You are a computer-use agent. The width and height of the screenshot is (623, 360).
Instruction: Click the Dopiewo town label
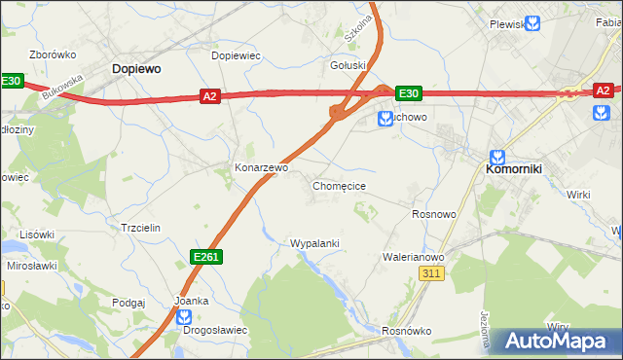136,69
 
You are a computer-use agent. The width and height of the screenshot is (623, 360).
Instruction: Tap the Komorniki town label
514,168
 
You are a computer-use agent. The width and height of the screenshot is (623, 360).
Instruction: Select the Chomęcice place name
339,185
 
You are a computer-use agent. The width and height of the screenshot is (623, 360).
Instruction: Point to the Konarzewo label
261,167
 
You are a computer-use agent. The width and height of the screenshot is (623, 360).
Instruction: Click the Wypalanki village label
314,243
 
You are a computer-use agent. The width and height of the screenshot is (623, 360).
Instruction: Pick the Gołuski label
348,66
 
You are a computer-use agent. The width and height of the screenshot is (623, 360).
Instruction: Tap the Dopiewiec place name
237,56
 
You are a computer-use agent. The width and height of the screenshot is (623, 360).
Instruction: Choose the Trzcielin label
139,227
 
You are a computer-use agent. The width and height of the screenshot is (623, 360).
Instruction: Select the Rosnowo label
434,214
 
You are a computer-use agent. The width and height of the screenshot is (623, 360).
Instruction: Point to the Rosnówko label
407,331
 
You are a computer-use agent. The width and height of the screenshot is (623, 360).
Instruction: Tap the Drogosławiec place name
215,330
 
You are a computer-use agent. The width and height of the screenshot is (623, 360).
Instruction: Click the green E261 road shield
205,256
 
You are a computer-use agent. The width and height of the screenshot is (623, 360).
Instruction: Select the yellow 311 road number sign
433,275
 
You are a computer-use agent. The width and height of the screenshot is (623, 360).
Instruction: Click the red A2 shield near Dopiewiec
209,95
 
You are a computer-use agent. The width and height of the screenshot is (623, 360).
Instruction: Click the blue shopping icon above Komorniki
497,156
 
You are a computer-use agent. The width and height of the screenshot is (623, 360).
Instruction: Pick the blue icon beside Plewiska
531,23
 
